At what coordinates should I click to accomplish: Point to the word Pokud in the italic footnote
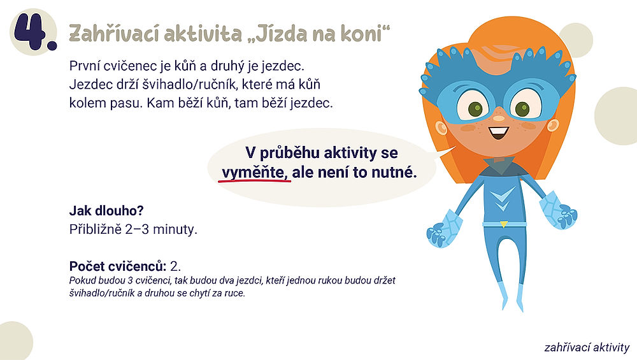(x=82, y=281)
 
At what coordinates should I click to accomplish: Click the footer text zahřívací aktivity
(x=587, y=347)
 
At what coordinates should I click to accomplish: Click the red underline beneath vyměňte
(x=254, y=182)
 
